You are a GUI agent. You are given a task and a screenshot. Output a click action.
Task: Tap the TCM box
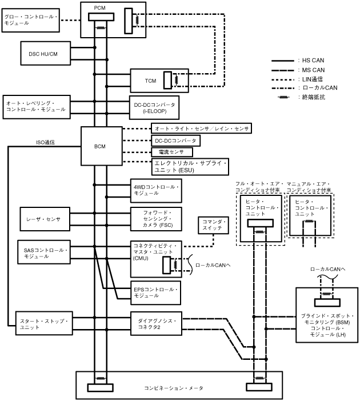(151, 81)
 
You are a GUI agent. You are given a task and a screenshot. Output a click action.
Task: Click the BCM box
(99, 147)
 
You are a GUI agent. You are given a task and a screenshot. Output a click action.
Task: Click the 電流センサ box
(172, 153)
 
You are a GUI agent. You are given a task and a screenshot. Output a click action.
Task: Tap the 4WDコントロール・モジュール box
(156, 190)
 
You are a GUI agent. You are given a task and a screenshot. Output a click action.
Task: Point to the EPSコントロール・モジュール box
(156, 292)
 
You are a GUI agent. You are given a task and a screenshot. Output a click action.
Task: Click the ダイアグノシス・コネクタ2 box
(156, 324)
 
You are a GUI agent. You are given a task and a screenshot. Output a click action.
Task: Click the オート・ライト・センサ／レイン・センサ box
(201, 129)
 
